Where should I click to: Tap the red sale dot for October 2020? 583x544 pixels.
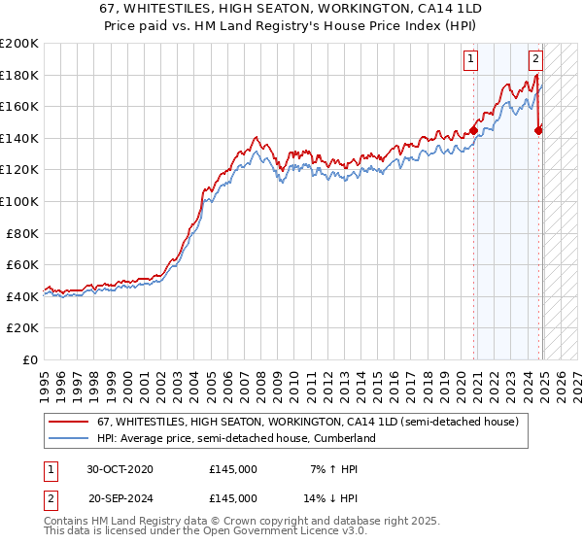[473, 130]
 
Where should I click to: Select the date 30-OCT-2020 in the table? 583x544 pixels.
[120, 469]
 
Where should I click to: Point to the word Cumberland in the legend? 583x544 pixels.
[343, 438]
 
